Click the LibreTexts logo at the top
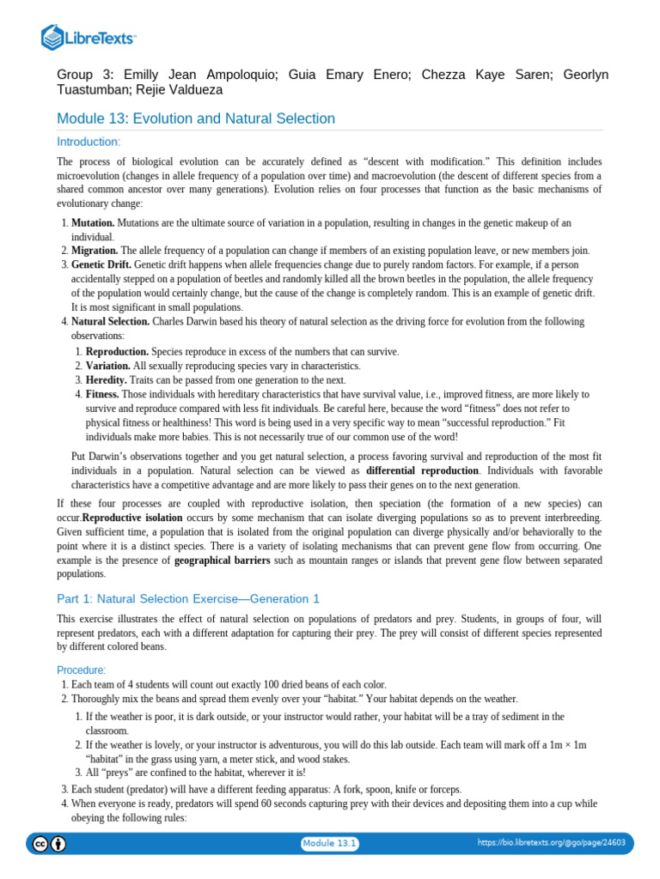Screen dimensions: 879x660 coord(89,38)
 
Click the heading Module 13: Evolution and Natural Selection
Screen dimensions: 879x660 coord(195,118)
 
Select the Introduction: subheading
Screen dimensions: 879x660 coord(89,142)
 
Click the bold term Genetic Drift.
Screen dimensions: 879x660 coord(101,265)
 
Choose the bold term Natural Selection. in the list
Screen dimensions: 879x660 coord(110,322)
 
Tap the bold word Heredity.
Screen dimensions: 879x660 coord(107,380)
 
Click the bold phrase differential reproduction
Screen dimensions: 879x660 coord(422,471)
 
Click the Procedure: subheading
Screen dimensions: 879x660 coord(82,670)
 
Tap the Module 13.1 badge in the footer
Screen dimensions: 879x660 coord(329,844)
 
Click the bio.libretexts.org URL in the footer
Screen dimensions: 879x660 coord(551,844)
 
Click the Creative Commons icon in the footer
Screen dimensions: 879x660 coord(40,844)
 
